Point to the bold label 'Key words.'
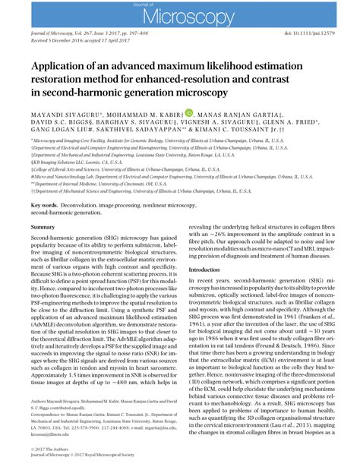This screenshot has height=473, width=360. pyautogui.click(x=45, y=205)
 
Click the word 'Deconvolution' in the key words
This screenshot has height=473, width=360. pyautogui.click(x=84, y=205)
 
